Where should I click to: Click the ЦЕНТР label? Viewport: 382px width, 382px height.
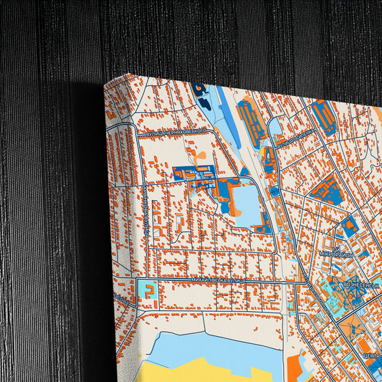click(371, 355)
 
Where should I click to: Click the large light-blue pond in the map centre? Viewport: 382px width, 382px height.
click(248, 201)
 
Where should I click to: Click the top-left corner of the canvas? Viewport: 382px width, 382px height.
click(106, 83)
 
